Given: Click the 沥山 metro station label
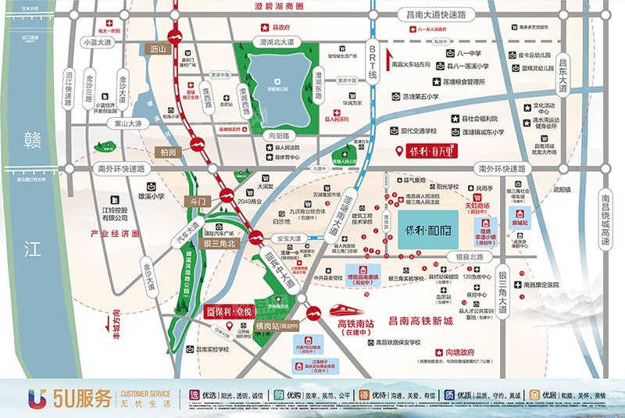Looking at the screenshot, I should click(159, 49).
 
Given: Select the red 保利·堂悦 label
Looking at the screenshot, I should click(230, 310).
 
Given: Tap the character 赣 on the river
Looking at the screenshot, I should click(31, 141).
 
